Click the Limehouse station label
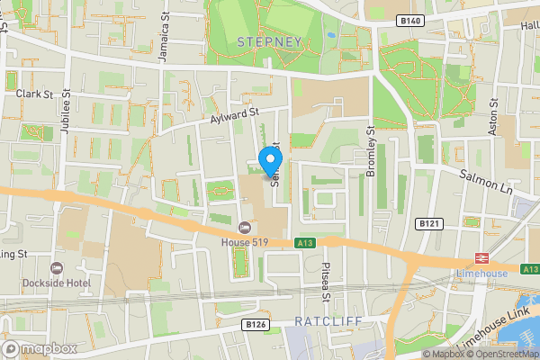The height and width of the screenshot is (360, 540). pyautogui.click(x=483, y=272)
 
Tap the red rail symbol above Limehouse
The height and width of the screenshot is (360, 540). pyautogui.click(x=481, y=257)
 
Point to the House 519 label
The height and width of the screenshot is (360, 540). pyautogui.click(x=246, y=241)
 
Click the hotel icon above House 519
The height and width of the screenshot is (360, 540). pyautogui.click(x=246, y=227)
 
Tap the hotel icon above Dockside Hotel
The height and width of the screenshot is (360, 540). pyautogui.click(x=58, y=268)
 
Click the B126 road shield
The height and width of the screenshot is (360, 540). pyautogui.click(x=256, y=324)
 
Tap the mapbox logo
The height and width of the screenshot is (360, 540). pyautogui.click(x=38, y=347)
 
